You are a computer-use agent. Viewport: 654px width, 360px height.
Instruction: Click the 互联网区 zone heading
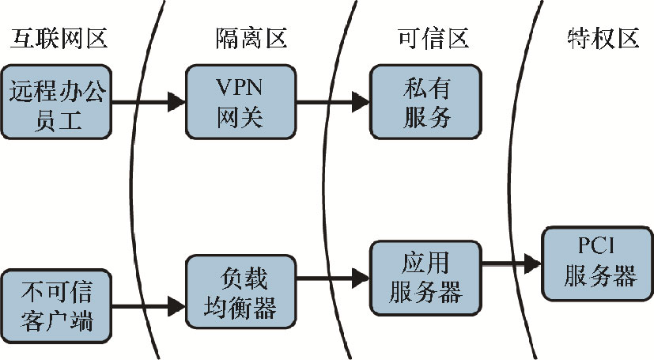tap(59, 38)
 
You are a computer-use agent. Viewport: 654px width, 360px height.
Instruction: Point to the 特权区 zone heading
tap(603, 38)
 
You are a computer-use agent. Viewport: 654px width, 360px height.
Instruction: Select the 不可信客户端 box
tap(58, 301)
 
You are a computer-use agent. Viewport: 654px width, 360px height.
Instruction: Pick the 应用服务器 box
tap(427, 277)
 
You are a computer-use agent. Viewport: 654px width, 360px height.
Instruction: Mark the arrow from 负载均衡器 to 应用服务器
tap(332, 277)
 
